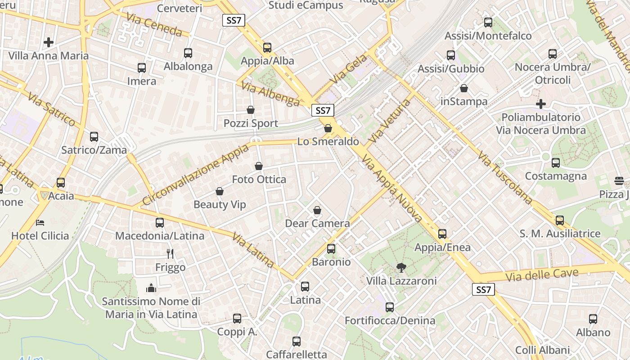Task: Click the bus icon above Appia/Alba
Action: (267, 47)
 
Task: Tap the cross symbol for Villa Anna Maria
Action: (49, 42)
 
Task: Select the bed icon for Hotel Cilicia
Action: (40, 222)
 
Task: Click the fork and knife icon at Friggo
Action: (170, 254)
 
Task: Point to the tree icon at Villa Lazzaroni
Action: (401, 268)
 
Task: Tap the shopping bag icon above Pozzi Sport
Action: (251, 110)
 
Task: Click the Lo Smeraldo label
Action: (328, 142)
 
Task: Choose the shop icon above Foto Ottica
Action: (259, 166)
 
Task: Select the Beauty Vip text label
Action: (220, 205)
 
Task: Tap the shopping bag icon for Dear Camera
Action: (317, 210)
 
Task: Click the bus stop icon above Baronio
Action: (331, 248)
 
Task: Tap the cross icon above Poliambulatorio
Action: (541, 104)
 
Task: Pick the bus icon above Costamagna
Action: (556, 163)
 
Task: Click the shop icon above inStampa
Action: (464, 88)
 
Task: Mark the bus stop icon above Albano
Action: (593, 319)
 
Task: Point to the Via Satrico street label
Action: (51, 109)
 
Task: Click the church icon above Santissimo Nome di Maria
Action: (151, 288)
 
